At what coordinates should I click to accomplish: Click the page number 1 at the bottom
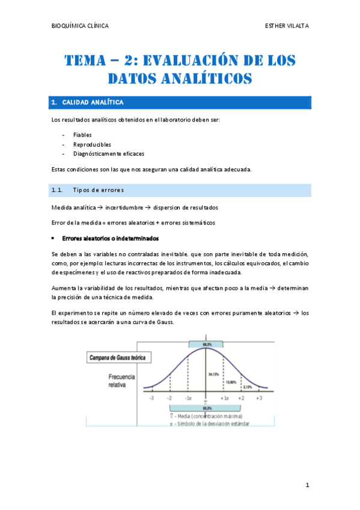click(x=307, y=485)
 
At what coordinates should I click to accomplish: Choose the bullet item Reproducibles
click(x=92, y=144)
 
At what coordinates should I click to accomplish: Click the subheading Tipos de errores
click(x=99, y=191)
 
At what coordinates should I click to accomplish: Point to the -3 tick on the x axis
click(x=153, y=399)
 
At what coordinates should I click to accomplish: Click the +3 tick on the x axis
click(x=259, y=399)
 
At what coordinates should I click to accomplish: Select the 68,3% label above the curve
click(x=206, y=343)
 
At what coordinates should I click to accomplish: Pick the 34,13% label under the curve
click(x=213, y=373)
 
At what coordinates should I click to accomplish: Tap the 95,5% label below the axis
click(x=206, y=408)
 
